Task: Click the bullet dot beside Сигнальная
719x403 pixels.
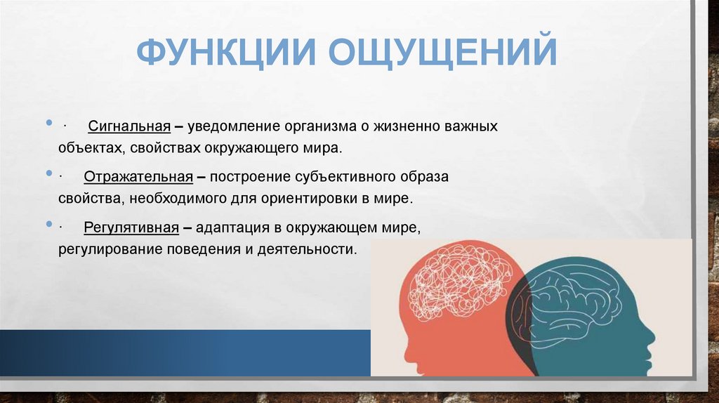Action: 48,123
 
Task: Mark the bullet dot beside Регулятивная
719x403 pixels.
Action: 48,223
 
